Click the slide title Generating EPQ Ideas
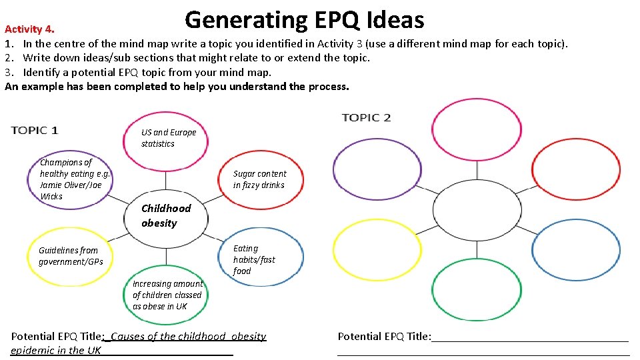304,20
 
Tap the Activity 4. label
29,29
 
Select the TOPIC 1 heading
35,130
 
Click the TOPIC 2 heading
366,118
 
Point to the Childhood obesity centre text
165,215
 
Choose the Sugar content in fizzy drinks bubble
259,179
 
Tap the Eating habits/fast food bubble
254,259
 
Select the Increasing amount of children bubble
167,295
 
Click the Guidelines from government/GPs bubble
71,256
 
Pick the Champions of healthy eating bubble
74,179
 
